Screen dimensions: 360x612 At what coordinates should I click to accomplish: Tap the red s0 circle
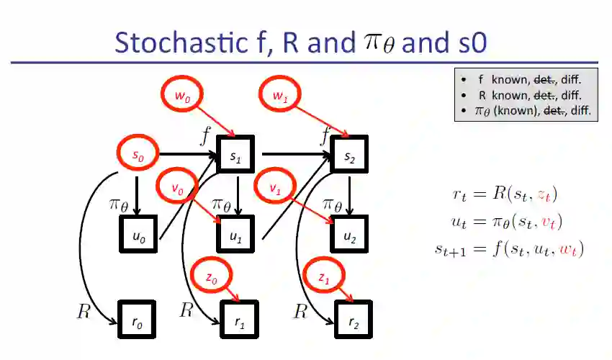[136, 154]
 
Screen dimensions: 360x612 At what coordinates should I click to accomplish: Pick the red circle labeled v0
[176, 188]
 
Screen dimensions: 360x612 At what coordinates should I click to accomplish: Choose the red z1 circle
[324, 277]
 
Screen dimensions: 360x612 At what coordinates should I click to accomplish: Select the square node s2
[349, 154]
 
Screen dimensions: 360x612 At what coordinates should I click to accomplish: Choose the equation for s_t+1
[508, 249]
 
